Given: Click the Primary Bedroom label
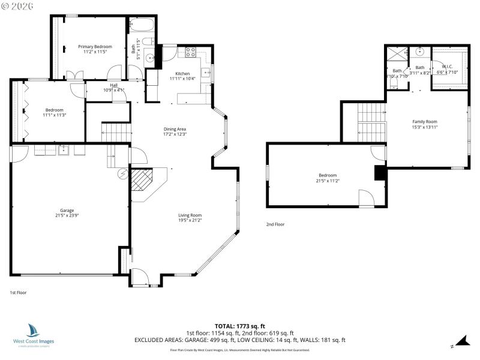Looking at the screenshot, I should pos(95,46).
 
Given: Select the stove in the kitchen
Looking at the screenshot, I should pos(191,52).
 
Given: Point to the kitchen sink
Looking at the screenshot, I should pos(205,74).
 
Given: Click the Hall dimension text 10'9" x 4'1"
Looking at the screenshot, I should pos(113,90).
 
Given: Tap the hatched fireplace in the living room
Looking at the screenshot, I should pos(142,179).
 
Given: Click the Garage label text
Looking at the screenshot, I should pos(67,211).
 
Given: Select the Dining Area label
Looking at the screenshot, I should pos(175,129).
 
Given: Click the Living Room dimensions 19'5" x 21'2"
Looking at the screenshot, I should pos(190,220).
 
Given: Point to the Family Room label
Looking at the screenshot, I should pos(424,122).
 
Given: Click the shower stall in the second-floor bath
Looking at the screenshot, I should pos(397,53).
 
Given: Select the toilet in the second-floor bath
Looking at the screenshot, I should pos(394,85).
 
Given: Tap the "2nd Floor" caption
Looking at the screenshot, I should pos(275,224).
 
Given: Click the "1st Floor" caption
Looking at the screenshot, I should pos(18,292).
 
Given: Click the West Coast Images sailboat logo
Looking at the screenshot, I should pos(33,331).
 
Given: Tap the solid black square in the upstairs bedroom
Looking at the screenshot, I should pos(380,173).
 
